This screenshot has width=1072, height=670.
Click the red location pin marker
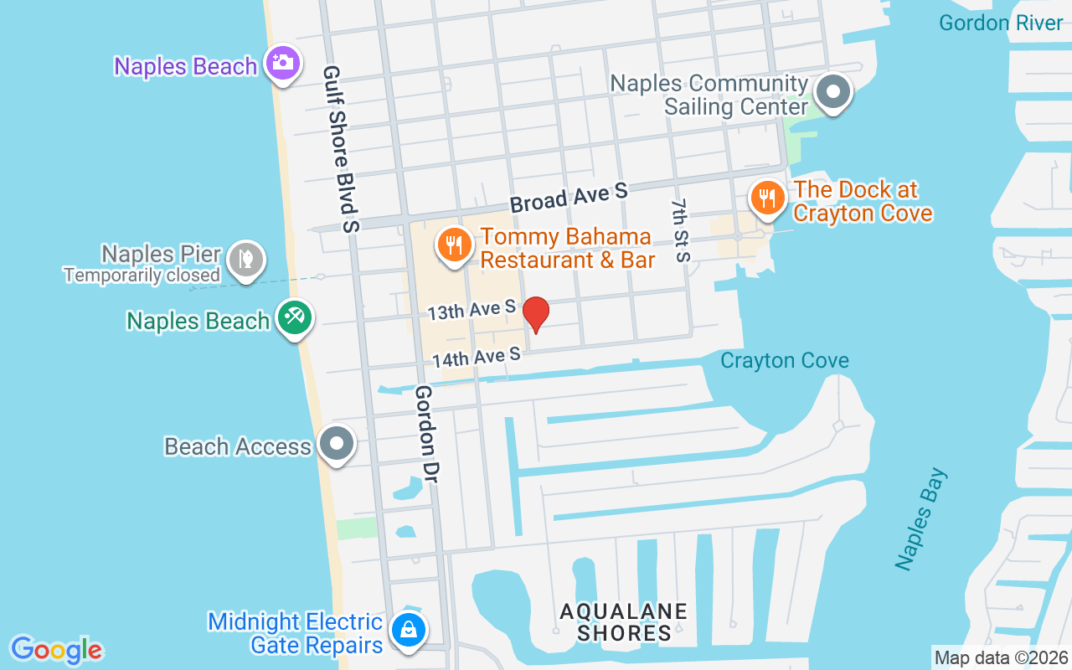point(536,314)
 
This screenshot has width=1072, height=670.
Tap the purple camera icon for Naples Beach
point(283,63)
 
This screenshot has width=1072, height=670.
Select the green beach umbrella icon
point(295,318)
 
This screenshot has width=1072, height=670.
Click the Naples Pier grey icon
point(246,260)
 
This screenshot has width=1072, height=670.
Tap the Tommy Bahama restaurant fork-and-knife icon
point(454,245)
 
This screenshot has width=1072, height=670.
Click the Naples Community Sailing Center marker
point(833,92)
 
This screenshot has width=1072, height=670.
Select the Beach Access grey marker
point(337,445)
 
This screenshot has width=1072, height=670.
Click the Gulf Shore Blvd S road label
point(342,149)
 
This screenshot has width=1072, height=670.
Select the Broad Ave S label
point(569,198)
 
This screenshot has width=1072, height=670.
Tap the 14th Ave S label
point(477,358)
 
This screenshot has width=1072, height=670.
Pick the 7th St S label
point(682,230)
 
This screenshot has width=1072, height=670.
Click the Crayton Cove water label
point(785,361)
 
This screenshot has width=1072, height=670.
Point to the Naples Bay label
point(921,519)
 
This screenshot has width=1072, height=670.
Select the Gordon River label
point(1000,23)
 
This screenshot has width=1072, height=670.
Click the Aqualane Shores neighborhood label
point(624,622)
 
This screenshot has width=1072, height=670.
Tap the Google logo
point(57,650)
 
